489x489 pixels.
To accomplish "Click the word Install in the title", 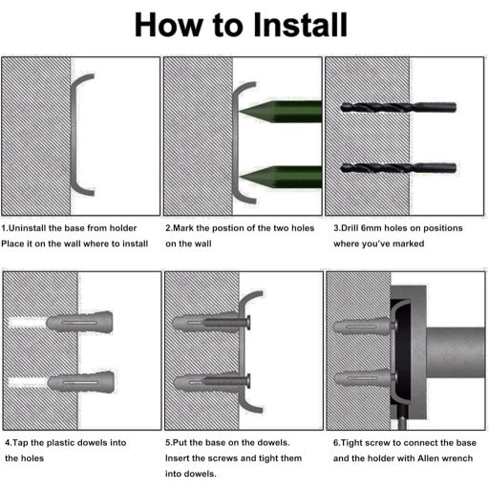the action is point(300,25).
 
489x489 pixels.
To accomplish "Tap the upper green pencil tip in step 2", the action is point(240,111).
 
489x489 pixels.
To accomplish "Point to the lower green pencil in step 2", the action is point(281,177).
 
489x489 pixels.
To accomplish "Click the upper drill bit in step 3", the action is point(398,107).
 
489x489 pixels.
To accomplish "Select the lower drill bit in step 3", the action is point(398,168).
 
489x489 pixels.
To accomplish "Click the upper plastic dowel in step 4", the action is point(79,323).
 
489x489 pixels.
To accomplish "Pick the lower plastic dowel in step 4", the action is point(81,382).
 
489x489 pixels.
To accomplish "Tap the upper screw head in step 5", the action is point(248,323).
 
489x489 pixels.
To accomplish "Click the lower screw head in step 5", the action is point(248,380).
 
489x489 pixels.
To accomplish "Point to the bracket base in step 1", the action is point(74,135).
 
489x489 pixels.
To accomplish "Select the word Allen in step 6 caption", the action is point(429,458).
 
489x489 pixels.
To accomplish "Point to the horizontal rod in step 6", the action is point(456,352).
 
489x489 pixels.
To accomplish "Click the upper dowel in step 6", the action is point(362,327).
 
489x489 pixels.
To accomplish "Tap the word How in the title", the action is point(169,25).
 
